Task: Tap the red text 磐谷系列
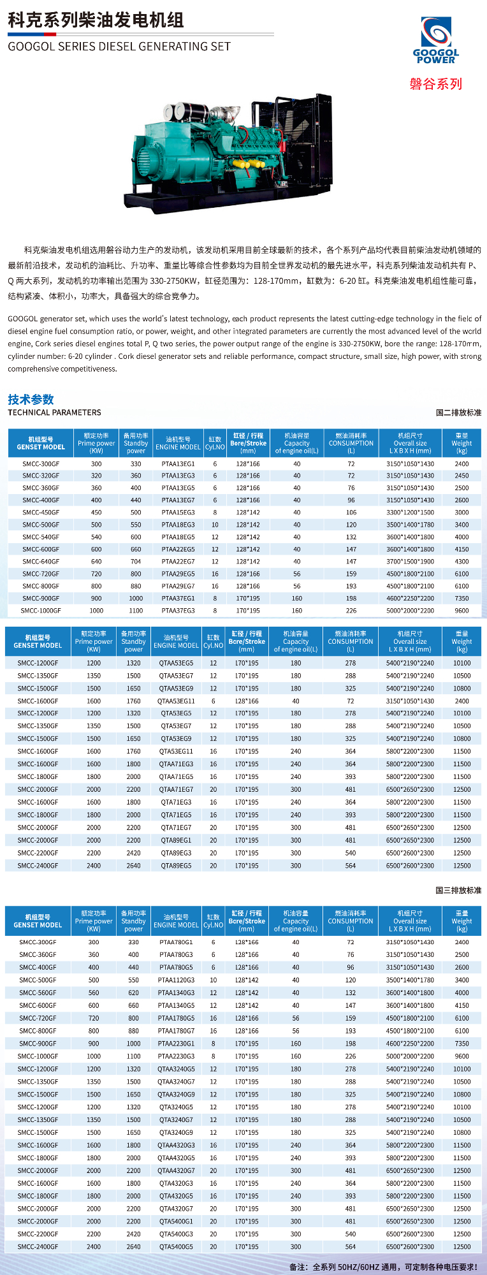(436, 84)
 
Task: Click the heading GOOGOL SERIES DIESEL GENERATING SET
(119, 47)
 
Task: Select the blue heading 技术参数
(31, 400)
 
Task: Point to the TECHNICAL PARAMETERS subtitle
(54, 412)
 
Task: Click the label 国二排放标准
(458, 412)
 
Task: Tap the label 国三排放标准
(458, 890)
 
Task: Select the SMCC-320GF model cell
(41, 476)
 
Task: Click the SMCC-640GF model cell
(41, 562)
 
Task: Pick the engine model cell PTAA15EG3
(178, 513)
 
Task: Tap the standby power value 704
(136, 562)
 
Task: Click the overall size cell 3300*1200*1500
(410, 513)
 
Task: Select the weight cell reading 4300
(462, 562)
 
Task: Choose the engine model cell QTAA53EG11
(177, 701)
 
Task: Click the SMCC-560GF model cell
(38, 993)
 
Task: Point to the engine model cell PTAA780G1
(176, 942)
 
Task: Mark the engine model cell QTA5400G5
(176, 1247)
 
